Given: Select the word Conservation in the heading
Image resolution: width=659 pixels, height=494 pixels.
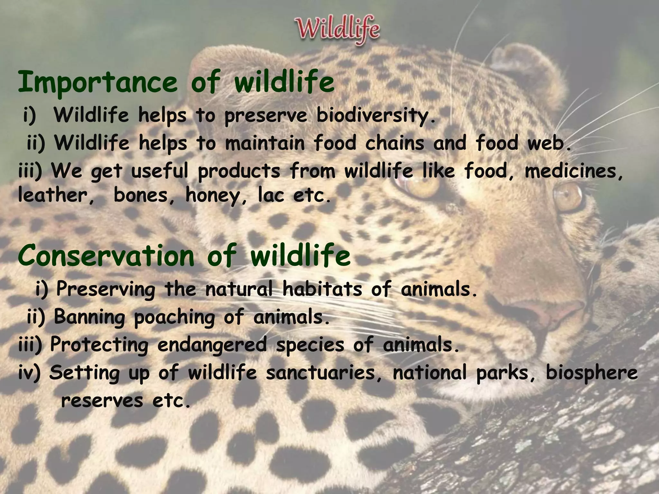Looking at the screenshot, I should [x=106, y=256].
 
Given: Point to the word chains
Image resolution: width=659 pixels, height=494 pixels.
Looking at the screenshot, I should [x=394, y=143].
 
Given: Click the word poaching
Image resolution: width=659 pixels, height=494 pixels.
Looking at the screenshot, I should [x=174, y=317].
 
